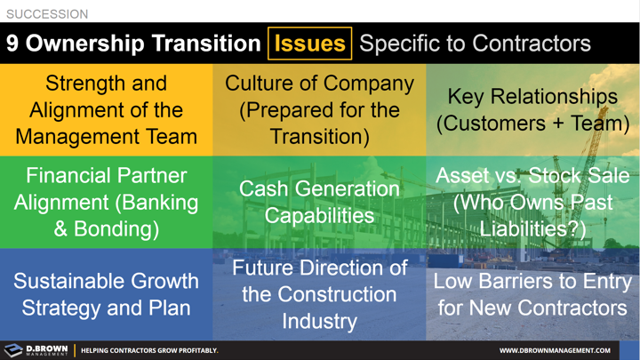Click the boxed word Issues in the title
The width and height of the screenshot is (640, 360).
click(x=310, y=44)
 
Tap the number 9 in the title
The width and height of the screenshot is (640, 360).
click(x=14, y=44)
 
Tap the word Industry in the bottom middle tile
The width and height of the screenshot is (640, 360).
click(x=319, y=321)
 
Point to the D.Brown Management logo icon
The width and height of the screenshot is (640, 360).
click(x=13, y=350)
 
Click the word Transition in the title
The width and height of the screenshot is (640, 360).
click(x=206, y=44)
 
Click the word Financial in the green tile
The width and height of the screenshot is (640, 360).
click(x=68, y=175)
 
